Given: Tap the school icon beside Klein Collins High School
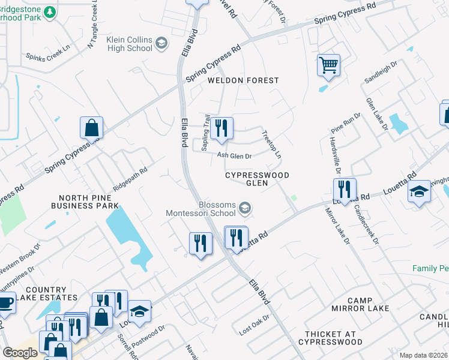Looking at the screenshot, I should (x=161, y=43).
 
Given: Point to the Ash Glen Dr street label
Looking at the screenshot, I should (x=234, y=155).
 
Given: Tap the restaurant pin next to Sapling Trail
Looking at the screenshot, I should (x=221, y=128).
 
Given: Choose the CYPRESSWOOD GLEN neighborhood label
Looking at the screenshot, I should (x=258, y=179).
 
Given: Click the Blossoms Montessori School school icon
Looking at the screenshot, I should (x=244, y=208).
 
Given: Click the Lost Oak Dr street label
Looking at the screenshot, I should (x=255, y=325).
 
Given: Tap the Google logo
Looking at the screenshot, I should (x=20, y=353).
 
